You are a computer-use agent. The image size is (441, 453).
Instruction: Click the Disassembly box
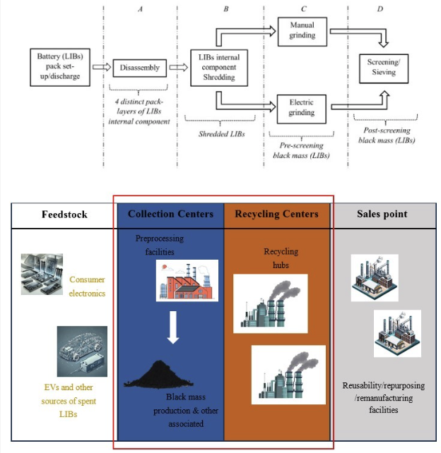(x=139, y=68)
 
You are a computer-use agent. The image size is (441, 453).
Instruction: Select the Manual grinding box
(x=301, y=30)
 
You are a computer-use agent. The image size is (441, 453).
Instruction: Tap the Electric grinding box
(x=301, y=107)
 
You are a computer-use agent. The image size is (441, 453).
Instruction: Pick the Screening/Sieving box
(x=383, y=67)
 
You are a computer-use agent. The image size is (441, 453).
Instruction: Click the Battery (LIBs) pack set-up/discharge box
(x=59, y=68)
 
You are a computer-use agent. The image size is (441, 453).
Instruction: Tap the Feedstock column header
(x=64, y=214)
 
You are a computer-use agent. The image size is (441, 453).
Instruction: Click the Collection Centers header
(x=170, y=214)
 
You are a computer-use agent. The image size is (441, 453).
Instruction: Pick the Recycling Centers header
(x=276, y=214)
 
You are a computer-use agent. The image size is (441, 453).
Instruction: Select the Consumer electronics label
(x=87, y=285)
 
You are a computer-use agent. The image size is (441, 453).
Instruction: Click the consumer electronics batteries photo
(x=42, y=274)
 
